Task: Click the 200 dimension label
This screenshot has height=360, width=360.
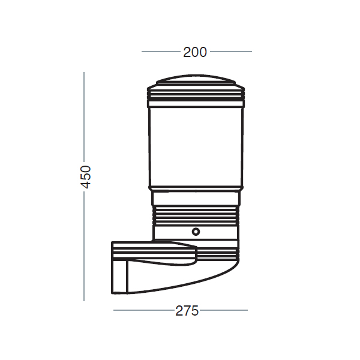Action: [195, 52]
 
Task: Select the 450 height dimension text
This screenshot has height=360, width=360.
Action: [86, 177]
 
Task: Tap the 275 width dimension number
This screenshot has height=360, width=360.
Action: [187, 311]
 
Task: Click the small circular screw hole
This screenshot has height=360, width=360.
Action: [196, 232]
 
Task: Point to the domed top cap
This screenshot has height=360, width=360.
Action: [196, 79]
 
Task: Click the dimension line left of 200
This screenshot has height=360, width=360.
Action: [161, 52]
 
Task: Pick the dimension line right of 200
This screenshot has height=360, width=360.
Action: [231, 52]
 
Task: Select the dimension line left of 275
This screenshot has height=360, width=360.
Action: [144, 310]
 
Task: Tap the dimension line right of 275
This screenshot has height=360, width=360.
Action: [224, 310]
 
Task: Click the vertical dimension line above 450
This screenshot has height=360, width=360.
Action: [84, 116]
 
